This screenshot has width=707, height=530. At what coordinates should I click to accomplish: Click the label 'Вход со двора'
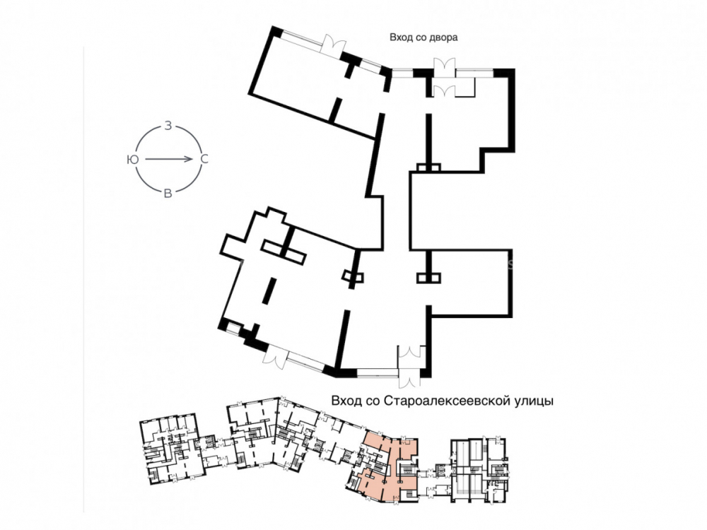tap(423, 37)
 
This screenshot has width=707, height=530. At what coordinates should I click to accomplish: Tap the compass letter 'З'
tap(168, 126)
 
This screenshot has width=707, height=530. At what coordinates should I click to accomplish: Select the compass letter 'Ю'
tap(133, 159)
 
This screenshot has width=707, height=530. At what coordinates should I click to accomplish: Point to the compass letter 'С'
tap(204, 159)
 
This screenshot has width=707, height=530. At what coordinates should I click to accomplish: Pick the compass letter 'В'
tap(168, 194)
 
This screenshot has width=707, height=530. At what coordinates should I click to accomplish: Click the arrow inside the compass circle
tap(170, 159)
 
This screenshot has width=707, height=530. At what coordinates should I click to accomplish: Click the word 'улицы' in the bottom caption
tap(534, 401)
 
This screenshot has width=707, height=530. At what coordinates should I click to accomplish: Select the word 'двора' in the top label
tap(444, 37)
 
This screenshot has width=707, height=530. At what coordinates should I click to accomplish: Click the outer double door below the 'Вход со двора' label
tap(445, 66)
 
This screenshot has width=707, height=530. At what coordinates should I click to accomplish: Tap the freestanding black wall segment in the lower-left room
tap(269, 290)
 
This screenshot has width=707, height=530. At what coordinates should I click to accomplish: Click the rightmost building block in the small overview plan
tap(481, 468)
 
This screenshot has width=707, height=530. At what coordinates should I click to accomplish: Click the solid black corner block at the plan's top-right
tap(504, 73)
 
